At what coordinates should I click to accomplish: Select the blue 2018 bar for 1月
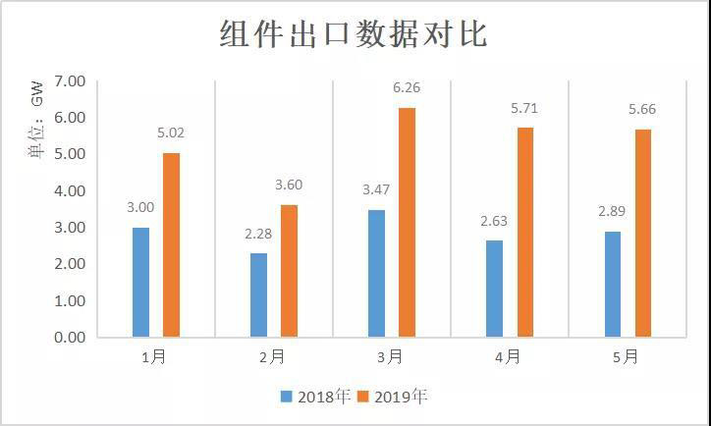[x=140, y=282]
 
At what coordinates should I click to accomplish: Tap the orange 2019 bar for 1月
[x=171, y=244]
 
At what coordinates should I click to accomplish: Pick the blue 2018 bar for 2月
[x=258, y=294]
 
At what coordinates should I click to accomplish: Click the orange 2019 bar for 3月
[x=407, y=222]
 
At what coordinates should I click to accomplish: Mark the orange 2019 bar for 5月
[x=642, y=233]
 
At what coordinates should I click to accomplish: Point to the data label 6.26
[x=407, y=89]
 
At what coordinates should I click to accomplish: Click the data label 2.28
[x=258, y=235]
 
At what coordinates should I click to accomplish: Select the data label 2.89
[x=612, y=212]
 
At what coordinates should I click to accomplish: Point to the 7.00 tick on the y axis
[x=70, y=80]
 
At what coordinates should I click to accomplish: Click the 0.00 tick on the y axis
[x=70, y=338]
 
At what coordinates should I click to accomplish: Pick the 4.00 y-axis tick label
[x=70, y=190]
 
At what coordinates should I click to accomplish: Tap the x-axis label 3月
[x=390, y=357]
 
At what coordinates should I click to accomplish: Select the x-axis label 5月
[x=626, y=357]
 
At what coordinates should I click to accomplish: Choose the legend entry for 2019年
[x=394, y=397]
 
